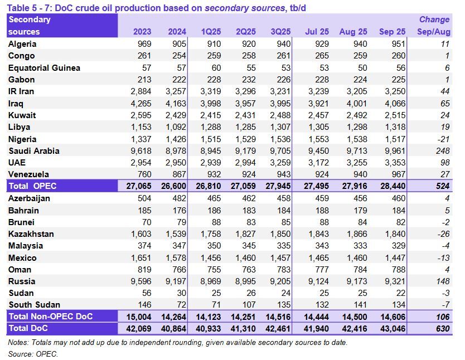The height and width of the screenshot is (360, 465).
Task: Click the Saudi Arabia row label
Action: click(x=34, y=150)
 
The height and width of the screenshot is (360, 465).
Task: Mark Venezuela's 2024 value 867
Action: click(x=177, y=174)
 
